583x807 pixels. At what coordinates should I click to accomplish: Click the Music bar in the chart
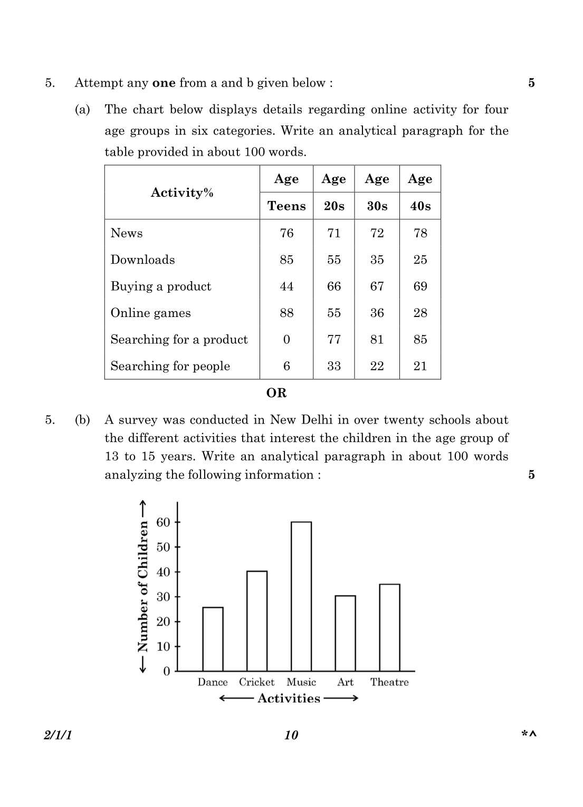click(301, 596)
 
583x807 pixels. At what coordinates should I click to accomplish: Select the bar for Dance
click(213, 639)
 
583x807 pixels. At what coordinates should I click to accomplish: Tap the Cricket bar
click(257, 621)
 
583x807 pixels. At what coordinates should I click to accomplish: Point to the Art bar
click(346, 633)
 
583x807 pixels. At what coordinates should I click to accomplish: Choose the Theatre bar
click(389, 627)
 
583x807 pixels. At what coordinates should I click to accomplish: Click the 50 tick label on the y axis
click(164, 547)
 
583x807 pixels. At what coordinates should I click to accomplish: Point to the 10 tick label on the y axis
click(164, 646)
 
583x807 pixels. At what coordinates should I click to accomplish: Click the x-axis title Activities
click(289, 698)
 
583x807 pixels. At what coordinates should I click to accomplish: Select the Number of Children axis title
click(143, 587)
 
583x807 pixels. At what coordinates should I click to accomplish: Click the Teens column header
click(286, 206)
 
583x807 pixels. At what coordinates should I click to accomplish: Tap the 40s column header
click(420, 206)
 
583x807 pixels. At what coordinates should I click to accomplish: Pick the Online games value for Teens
click(286, 313)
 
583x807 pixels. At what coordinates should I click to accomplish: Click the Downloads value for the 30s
click(377, 260)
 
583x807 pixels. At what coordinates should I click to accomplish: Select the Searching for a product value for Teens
click(286, 339)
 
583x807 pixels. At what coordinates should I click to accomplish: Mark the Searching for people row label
click(170, 366)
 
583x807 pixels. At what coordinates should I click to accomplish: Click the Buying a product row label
click(161, 286)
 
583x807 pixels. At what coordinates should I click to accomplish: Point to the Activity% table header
click(182, 193)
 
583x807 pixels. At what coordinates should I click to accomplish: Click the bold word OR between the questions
click(276, 393)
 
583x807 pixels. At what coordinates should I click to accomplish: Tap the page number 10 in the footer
click(291, 735)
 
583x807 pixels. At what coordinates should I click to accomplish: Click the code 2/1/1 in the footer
click(58, 735)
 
